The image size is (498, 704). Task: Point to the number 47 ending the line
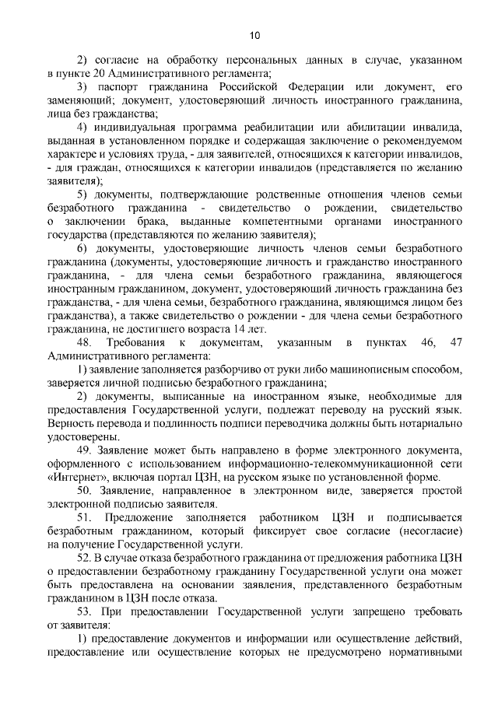pyautogui.click(x=457, y=342)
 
